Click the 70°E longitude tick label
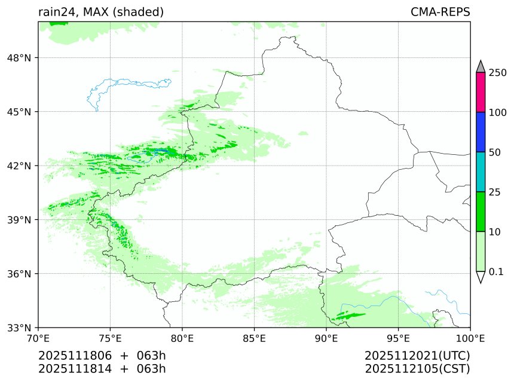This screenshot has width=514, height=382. (38, 339)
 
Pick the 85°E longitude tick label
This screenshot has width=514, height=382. (255, 339)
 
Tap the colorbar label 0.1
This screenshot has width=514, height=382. (496, 271)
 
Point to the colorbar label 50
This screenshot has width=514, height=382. (494, 152)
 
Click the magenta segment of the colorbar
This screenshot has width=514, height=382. (481, 93)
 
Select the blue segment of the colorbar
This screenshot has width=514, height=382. (481, 132)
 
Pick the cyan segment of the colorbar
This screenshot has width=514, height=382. (481, 172)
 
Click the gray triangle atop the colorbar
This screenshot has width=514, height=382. (481, 66)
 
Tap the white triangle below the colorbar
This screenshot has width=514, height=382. (481, 277)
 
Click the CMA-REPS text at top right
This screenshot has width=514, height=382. (440, 13)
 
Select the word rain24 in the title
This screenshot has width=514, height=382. (56, 13)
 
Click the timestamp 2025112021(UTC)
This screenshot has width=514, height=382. (417, 356)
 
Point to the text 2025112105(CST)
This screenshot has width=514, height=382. (417, 368)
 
